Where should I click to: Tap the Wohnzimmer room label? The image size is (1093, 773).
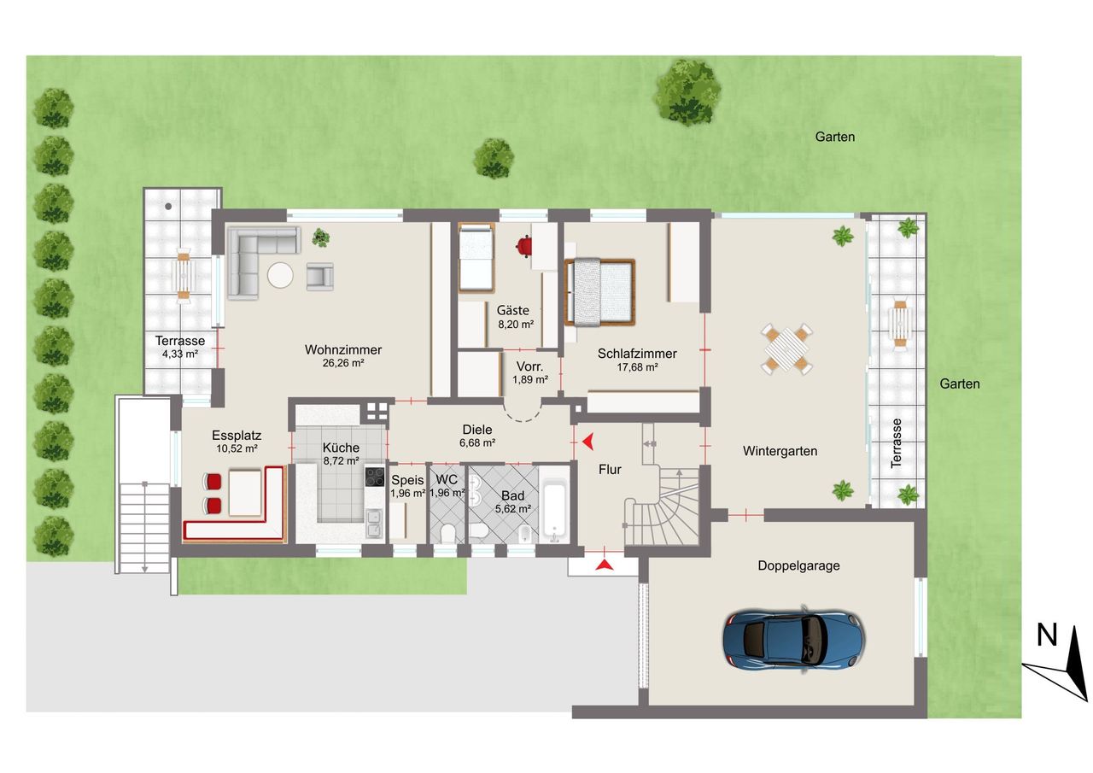[x=343, y=349]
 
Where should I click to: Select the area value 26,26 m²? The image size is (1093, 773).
[x=343, y=363]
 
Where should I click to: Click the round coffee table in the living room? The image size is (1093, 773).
[x=280, y=275]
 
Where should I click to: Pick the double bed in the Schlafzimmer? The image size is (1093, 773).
[x=599, y=292]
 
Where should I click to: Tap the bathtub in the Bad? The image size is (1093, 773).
[x=555, y=512]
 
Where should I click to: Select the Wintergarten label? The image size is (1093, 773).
[x=780, y=451]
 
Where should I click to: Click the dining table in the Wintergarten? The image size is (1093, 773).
[x=786, y=349]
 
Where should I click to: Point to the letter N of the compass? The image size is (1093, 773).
[x=1046, y=635]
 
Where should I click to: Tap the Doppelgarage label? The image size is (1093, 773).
[x=798, y=565]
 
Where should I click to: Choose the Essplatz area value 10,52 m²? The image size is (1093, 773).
[x=237, y=448]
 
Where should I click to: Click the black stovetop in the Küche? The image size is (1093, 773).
[x=375, y=477]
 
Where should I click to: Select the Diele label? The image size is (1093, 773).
[x=477, y=430]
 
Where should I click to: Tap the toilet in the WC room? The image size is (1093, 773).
[x=447, y=533]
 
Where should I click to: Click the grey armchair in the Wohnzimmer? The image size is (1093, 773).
[x=319, y=276]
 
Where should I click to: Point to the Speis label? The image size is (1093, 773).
[x=407, y=480]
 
